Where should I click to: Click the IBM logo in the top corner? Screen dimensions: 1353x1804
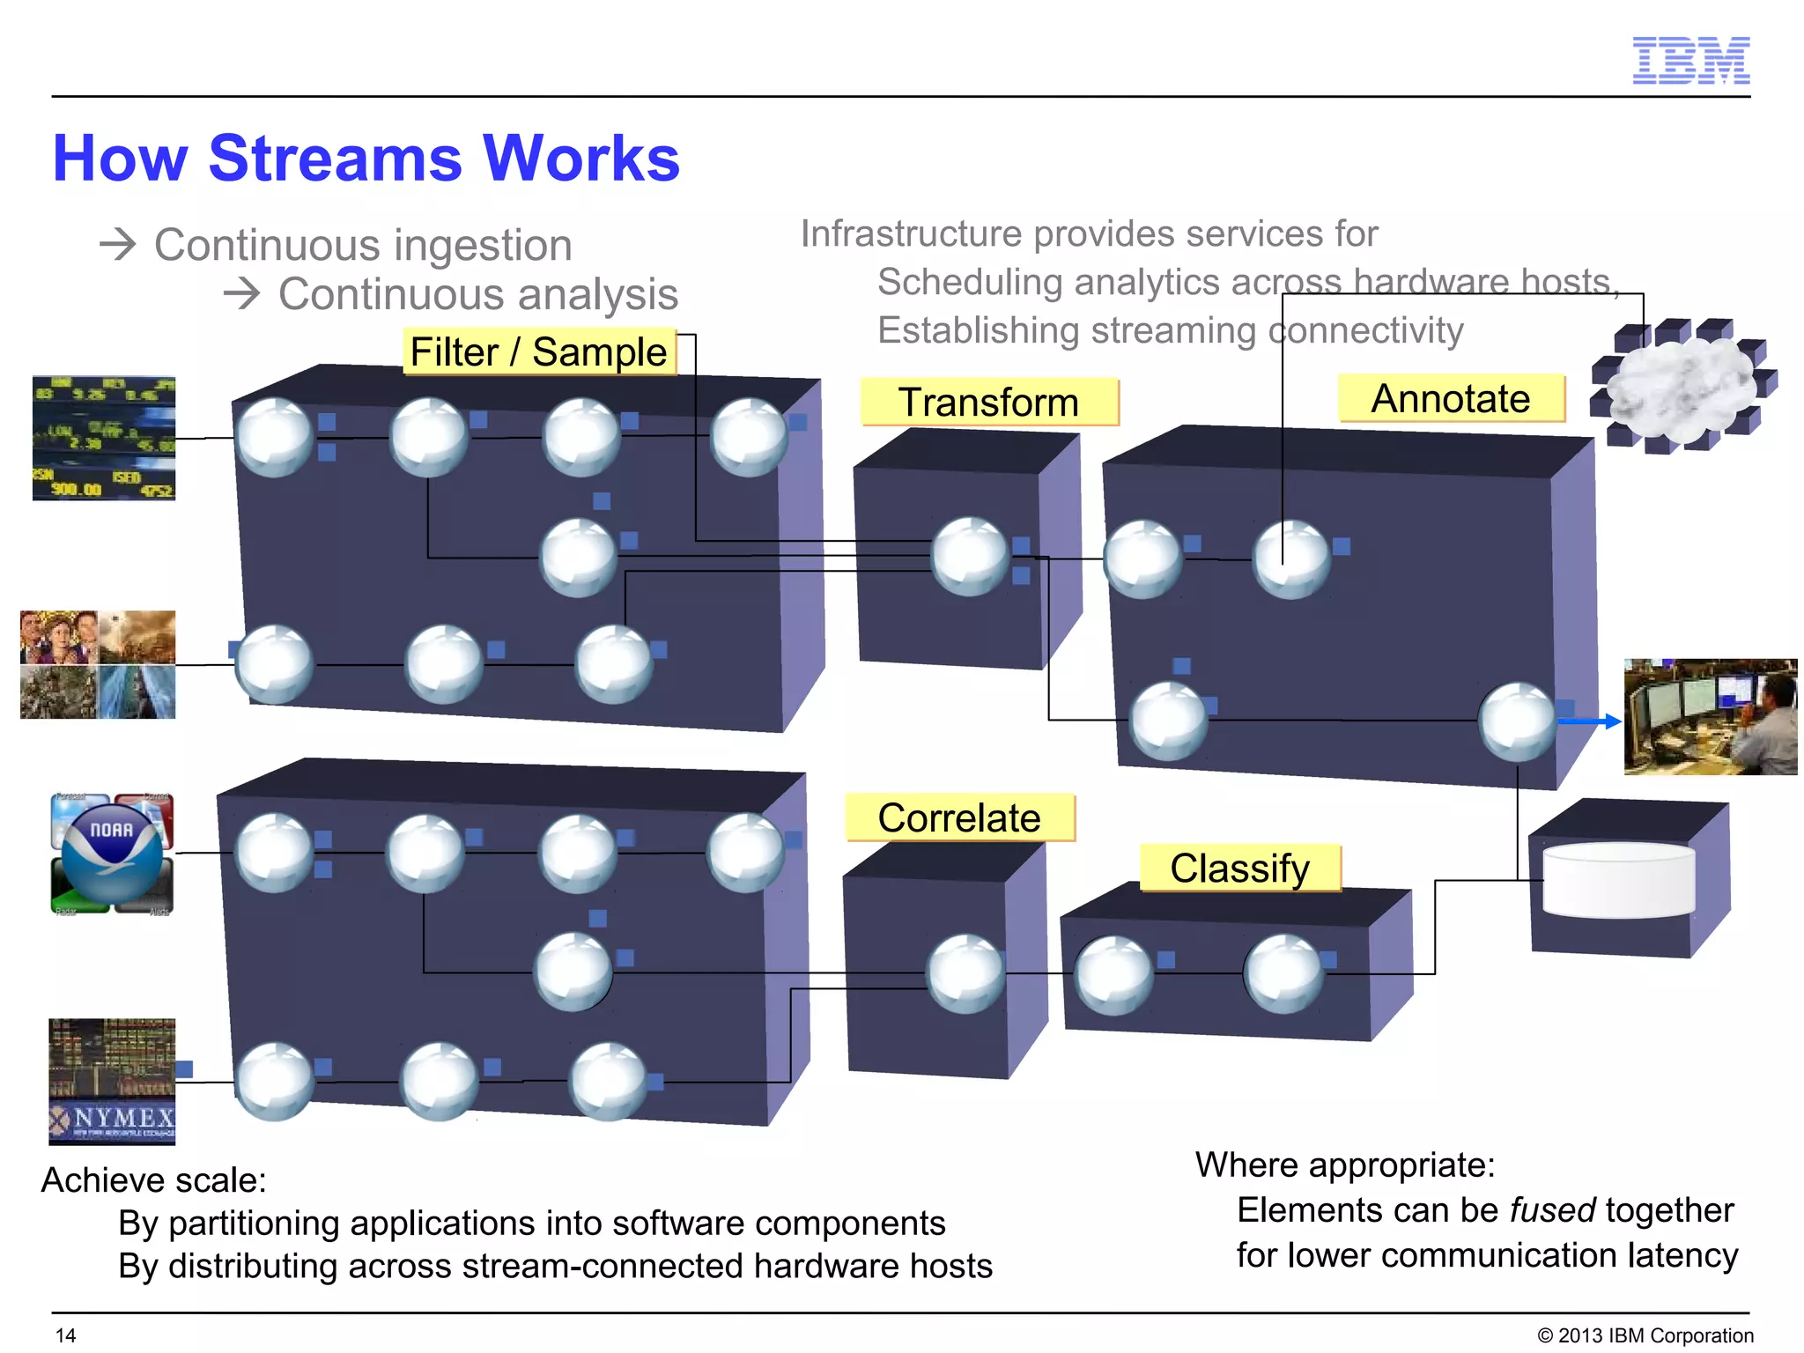click(1690, 61)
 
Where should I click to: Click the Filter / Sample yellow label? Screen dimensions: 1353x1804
click(539, 352)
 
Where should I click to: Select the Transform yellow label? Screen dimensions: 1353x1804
click(988, 403)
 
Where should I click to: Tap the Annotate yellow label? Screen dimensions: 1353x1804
click(1451, 399)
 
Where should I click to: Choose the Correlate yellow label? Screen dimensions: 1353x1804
click(959, 818)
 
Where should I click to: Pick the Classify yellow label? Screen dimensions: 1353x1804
click(1239, 869)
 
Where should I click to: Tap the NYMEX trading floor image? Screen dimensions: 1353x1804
click(112, 1082)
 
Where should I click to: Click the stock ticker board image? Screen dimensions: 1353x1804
click(104, 439)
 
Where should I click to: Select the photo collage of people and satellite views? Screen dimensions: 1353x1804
click(98, 665)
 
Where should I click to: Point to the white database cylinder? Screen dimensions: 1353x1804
click(1618, 881)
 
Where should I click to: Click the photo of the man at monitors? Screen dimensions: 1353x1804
click(1710, 717)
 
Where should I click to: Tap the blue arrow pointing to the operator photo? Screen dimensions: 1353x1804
click(1589, 721)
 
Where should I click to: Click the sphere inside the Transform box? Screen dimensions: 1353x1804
click(970, 557)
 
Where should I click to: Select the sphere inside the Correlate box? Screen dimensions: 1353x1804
click(965, 973)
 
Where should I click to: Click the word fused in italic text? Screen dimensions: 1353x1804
click(1553, 1210)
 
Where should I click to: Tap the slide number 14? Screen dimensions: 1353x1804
click(66, 1335)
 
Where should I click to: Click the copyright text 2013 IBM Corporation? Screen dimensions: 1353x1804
click(1645, 1335)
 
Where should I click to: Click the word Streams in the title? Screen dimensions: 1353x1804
click(335, 159)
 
